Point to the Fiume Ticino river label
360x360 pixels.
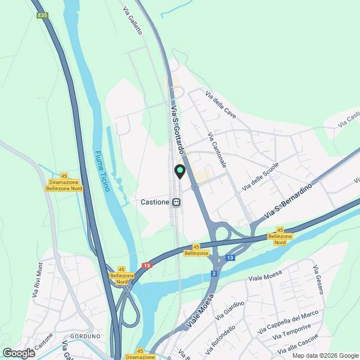point(102,171)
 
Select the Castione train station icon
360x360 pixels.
point(177,202)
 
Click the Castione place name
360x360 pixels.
point(154,202)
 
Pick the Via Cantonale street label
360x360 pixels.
point(217,150)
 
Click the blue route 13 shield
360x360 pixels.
point(229,258)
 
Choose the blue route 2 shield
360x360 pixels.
point(214,273)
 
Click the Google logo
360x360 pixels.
point(19,353)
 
